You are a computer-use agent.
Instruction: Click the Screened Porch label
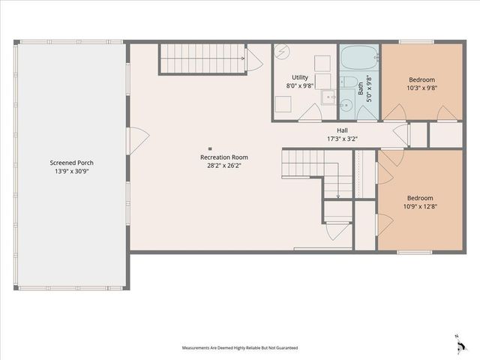click(x=72, y=163)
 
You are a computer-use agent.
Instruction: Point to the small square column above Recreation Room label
click(x=210, y=148)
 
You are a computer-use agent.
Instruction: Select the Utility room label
click(x=301, y=77)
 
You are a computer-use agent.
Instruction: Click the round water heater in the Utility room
click(x=283, y=52)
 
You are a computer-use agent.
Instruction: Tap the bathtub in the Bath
click(x=358, y=57)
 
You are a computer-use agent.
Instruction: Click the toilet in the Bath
click(x=349, y=82)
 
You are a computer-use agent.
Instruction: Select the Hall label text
click(x=342, y=130)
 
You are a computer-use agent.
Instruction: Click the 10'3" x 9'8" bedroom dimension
click(x=421, y=88)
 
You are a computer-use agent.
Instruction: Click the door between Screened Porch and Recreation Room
click(x=138, y=140)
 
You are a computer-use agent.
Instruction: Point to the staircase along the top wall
click(x=204, y=58)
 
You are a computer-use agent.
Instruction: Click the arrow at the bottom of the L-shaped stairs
click(x=337, y=195)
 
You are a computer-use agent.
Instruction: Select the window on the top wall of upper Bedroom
click(x=415, y=42)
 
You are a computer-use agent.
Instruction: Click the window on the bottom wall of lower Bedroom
click(x=414, y=252)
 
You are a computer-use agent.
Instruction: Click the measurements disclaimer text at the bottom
click(x=240, y=348)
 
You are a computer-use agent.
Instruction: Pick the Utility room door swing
click(x=310, y=112)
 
